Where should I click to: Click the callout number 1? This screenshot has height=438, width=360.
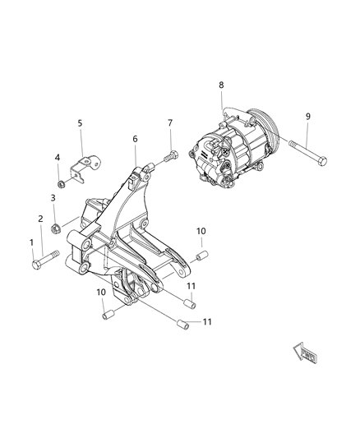pos(33,242)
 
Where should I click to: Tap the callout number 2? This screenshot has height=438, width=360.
pos(41,219)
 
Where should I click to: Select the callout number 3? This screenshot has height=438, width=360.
pos(53,197)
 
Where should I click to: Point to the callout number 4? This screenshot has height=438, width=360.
pos(57,157)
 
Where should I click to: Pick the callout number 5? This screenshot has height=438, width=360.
pos(80,123)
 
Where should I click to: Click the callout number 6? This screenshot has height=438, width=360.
pos(135,140)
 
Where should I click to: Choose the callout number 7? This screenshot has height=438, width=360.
pos(169,123)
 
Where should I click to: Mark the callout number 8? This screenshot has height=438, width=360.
pos(221,85)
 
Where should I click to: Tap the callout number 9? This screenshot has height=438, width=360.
pos(308,116)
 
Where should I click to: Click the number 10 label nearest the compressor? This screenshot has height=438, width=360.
pos(201,232)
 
